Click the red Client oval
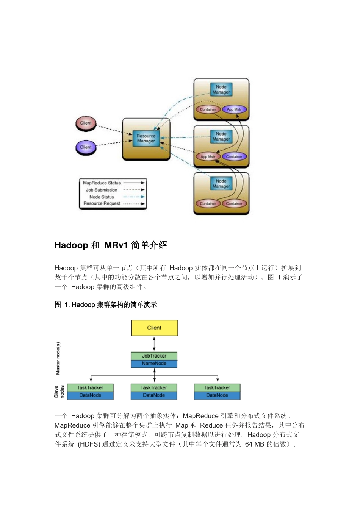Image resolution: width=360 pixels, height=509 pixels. pyautogui.click(x=86, y=123)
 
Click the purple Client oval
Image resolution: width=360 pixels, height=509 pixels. pyautogui.click(x=86, y=147)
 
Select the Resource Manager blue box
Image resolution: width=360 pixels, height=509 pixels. pyautogui.click(x=146, y=138)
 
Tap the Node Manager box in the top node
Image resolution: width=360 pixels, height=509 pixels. pyautogui.click(x=221, y=89)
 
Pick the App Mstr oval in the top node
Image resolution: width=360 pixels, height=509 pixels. pyautogui.click(x=234, y=109)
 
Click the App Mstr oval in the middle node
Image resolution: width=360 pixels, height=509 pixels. pyautogui.click(x=208, y=156)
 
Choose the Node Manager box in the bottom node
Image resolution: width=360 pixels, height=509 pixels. pyautogui.click(x=221, y=184)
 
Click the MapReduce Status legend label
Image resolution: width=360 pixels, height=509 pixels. pyautogui.click(x=102, y=183)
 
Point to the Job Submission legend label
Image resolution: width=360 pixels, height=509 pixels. pyautogui.click(x=102, y=190)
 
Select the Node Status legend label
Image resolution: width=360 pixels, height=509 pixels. pyautogui.click(x=102, y=197)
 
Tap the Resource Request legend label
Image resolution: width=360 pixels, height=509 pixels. pyautogui.click(x=102, y=203)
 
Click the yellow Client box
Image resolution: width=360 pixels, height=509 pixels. pyautogui.click(x=154, y=328)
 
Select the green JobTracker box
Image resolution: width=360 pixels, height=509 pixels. pyautogui.click(x=154, y=356)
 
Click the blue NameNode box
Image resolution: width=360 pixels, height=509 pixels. pyautogui.click(x=154, y=364)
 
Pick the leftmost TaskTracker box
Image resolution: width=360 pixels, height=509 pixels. pyautogui.click(x=90, y=388)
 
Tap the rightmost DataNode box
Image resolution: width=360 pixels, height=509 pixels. pyautogui.click(x=217, y=395)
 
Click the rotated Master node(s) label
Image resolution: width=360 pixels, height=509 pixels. pyautogui.click(x=58, y=358)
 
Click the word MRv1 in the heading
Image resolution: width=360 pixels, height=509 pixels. pyautogui.click(x=116, y=245)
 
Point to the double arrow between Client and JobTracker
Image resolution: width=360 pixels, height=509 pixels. pyautogui.click(x=154, y=344)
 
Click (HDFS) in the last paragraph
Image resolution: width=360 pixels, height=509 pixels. pyautogui.click(x=89, y=444)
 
